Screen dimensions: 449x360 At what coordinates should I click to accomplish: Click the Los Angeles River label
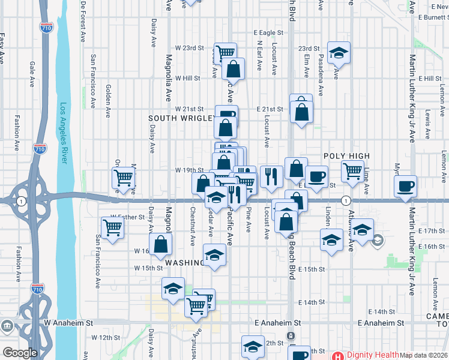click(65, 134)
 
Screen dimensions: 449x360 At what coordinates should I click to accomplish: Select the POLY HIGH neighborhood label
click(346, 156)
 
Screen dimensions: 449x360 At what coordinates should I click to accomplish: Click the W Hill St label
click(187, 78)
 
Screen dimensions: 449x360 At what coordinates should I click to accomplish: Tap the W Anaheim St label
click(70, 322)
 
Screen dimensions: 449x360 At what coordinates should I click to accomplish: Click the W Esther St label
click(128, 217)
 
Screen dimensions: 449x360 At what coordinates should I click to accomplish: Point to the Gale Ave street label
click(31, 73)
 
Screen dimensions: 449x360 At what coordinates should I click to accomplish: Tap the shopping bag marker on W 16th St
click(161, 244)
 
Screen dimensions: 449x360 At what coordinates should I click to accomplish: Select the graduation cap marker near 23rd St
click(339, 53)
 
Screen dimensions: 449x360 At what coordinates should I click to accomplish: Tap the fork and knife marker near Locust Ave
click(271, 176)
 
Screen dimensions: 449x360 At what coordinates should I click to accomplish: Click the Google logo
click(20, 353)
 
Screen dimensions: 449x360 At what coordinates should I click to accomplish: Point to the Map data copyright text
click(423, 355)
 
